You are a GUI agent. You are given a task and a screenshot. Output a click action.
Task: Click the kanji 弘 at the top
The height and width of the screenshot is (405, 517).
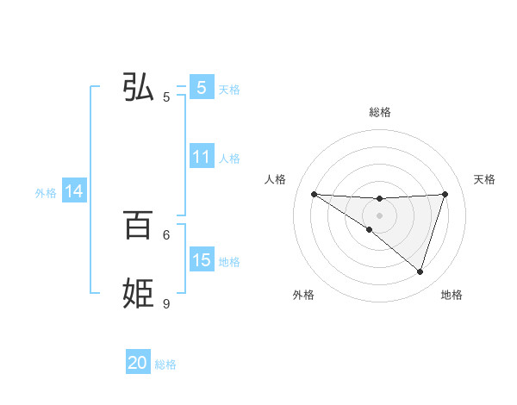pyautogui.click(x=139, y=87)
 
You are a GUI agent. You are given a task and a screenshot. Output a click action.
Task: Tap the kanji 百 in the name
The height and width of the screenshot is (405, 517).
pyautogui.click(x=138, y=226)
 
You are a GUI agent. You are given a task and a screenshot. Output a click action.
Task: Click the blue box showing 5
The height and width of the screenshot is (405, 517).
pyautogui.click(x=201, y=88)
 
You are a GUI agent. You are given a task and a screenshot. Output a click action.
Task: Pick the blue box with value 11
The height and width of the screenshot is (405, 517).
pyautogui.click(x=201, y=158)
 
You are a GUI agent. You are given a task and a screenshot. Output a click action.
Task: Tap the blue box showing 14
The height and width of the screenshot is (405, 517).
pyautogui.click(x=74, y=192)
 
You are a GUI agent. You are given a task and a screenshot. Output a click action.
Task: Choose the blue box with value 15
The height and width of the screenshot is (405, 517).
pyautogui.click(x=201, y=260)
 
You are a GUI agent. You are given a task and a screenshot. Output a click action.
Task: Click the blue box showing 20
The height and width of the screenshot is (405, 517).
pyautogui.click(x=138, y=364)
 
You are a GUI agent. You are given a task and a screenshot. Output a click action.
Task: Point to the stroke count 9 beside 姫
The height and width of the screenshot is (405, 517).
pyautogui.click(x=166, y=303)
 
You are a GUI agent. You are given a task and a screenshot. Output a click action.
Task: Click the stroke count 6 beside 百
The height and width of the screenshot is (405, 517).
pyautogui.click(x=166, y=234)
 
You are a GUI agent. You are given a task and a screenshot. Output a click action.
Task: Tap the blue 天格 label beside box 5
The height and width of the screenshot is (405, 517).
pyautogui.click(x=229, y=89)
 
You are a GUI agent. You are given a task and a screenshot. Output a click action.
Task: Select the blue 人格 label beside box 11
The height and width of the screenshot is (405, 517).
pyautogui.click(x=229, y=159)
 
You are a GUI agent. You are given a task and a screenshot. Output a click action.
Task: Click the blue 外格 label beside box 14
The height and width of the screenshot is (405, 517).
pyautogui.click(x=46, y=193)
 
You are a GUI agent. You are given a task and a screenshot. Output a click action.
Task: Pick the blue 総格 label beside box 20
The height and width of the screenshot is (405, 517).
pyautogui.click(x=166, y=364)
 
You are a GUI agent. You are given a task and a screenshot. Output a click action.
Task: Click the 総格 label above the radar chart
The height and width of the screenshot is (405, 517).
pyautogui.click(x=379, y=112)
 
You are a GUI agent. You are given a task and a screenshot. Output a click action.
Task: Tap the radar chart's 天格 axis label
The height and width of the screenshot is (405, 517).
pyautogui.click(x=484, y=179)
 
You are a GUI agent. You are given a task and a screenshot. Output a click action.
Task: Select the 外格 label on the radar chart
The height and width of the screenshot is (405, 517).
pyautogui.click(x=303, y=296)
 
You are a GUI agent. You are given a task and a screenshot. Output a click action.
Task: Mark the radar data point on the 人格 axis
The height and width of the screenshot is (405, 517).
pyautogui.click(x=314, y=194)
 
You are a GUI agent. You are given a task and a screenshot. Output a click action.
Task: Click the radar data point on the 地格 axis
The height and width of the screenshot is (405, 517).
pyautogui.click(x=420, y=271)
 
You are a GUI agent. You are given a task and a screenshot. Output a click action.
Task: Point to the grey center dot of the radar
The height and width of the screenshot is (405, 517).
pyautogui.click(x=379, y=215)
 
